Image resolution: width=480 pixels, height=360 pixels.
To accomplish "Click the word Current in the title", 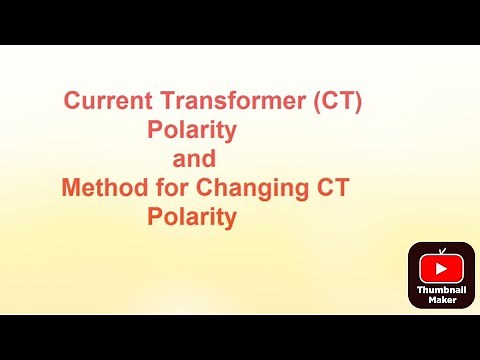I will [104, 101].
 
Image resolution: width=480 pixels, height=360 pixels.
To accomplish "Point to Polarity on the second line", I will [192, 130].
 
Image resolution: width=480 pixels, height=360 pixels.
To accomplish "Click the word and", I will [193, 159].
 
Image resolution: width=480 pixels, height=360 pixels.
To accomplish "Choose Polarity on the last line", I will [192, 217].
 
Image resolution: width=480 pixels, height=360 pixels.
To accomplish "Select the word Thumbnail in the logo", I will [441, 289].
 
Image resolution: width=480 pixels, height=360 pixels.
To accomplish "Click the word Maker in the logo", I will [441, 299].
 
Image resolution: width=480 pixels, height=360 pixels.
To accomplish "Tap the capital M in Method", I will [71, 188].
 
